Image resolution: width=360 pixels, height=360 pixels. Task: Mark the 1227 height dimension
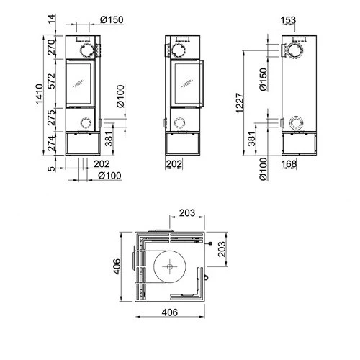pyautogui.click(x=246, y=103)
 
